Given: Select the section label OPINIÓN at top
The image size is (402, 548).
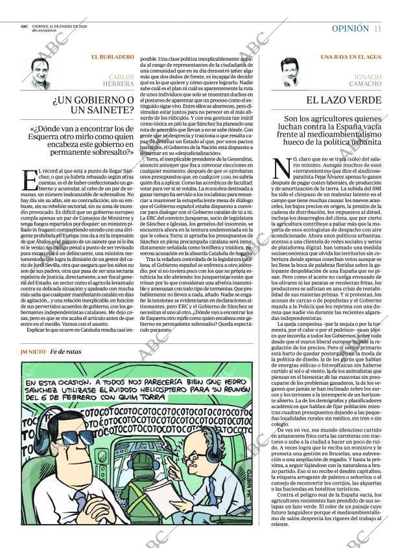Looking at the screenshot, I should [x=350, y=29].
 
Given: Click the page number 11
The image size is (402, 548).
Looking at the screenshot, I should [x=377, y=29].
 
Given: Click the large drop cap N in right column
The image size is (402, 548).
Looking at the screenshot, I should [x=282, y=168].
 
